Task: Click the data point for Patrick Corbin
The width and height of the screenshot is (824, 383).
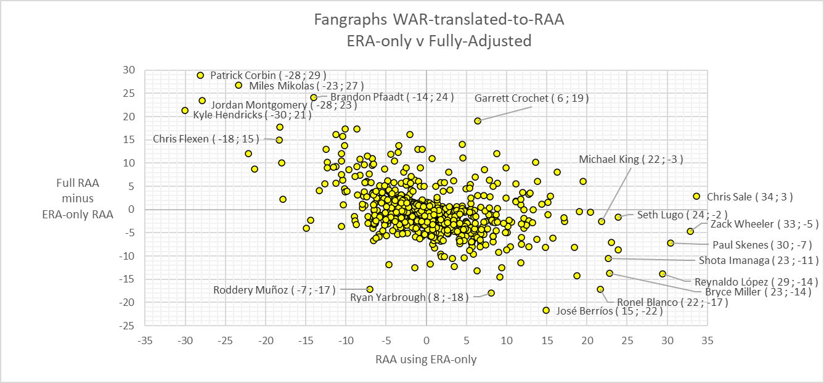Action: click(200, 75)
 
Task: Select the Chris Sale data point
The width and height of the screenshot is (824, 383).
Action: click(696, 196)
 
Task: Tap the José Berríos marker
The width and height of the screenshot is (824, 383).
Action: click(546, 310)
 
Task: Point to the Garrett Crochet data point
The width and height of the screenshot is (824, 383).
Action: click(478, 121)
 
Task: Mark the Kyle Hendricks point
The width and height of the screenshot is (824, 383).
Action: click(185, 110)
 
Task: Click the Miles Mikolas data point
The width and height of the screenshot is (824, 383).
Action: click(239, 85)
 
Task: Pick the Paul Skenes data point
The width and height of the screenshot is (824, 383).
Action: click(671, 243)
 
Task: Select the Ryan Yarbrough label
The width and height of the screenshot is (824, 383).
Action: click(408, 297)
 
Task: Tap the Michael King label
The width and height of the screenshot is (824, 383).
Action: click(630, 159)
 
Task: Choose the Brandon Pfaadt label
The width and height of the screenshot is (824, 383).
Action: click(392, 97)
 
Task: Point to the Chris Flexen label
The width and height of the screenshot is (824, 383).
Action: click(206, 139)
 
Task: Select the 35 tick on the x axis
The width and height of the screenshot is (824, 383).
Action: click(707, 340)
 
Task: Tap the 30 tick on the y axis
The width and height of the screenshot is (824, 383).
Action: click(129, 70)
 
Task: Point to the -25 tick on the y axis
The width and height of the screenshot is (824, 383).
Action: click(128, 325)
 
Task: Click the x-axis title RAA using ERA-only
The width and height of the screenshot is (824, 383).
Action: click(426, 359)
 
